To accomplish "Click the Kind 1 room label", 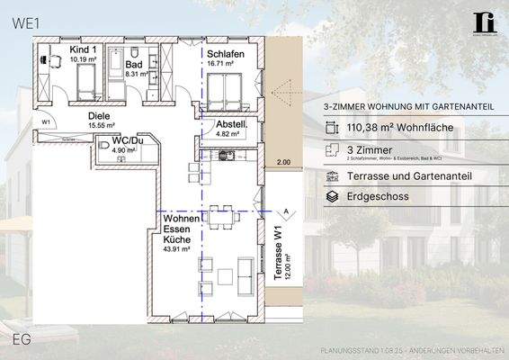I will pos(83,50).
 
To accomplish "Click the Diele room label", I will pos(98,116).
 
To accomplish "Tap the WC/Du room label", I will pos(128,141).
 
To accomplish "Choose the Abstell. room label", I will pos(230,125).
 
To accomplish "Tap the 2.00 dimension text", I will pos(283,163).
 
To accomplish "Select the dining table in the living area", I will pos(221,216).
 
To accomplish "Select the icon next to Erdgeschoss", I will pos(332,195).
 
